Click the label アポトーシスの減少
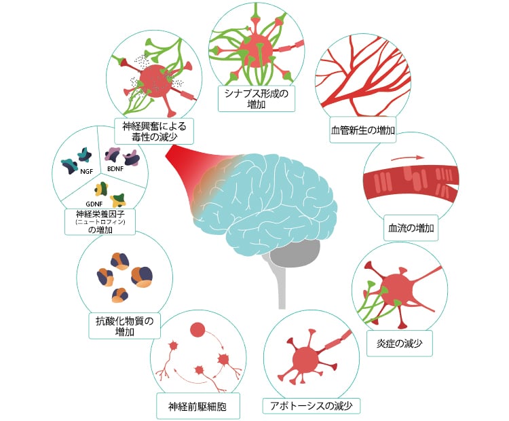[x=312, y=406]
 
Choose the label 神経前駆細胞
[x=197, y=407]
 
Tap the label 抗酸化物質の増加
[x=124, y=326]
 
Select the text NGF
[x=86, y=171]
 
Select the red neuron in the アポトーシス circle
[x=304, y=356]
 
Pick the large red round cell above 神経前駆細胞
[x=197, y=329]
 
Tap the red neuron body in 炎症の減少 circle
[x=398, y=288]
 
